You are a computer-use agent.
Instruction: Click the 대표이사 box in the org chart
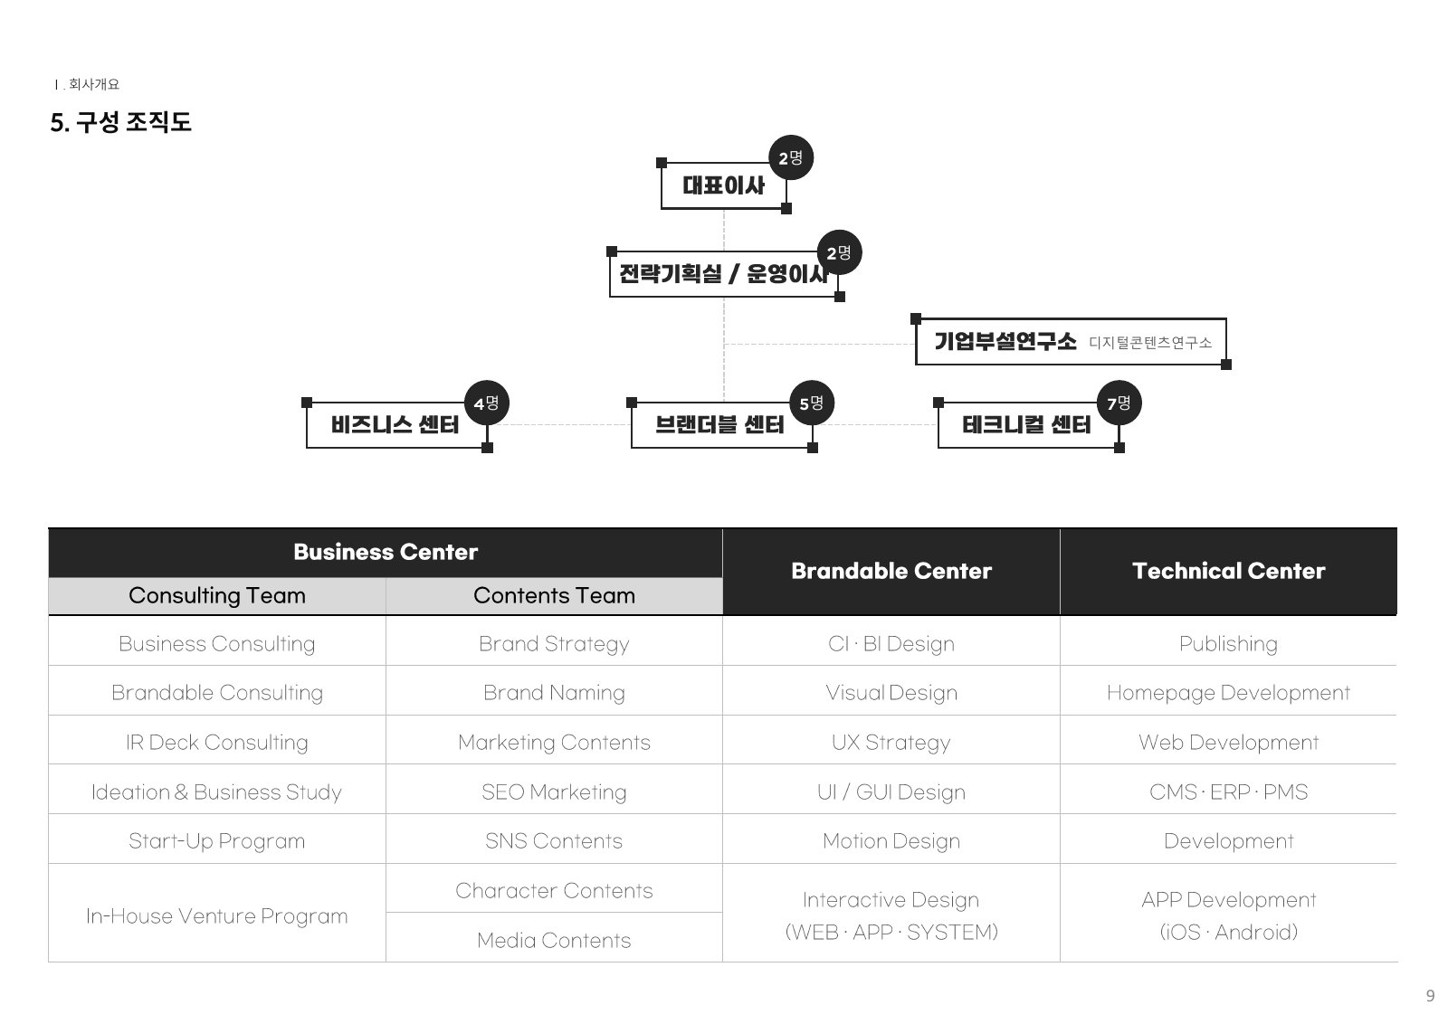[x=723, y=185]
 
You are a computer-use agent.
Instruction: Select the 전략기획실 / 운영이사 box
[x=724, y=274]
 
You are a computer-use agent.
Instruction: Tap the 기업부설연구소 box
[x=1071, y=342]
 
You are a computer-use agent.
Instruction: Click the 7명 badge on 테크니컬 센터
[x=1119, y=403]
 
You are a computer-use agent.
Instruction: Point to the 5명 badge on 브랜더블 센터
[x=813, y=403]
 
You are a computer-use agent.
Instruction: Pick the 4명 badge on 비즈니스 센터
[x=487, y=403]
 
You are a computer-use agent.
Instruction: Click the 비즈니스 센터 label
[x=395, y=424]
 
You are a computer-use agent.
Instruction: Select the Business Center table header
[x=386, y=553]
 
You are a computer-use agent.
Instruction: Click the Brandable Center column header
[x=891, y=571]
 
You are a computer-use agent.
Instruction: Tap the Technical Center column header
[x=1228, y=571]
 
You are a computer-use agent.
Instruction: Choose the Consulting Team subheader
[x=217, y=595]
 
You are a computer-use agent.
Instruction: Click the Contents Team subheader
[x=554, y=595]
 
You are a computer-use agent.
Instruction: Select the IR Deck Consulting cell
[x=217, y=743]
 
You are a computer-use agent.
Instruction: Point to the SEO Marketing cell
[x=554, y=792]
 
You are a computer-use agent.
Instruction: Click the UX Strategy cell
[x=891, y=743]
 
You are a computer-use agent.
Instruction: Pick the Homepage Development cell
[x=1228, y=693]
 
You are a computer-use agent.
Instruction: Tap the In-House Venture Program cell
[x=217, y=916]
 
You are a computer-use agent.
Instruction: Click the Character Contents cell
[x=554, y=891]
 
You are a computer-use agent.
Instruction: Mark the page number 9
[x=1431, y=996]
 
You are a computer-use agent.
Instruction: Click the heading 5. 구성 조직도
[x=121, y=122]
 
